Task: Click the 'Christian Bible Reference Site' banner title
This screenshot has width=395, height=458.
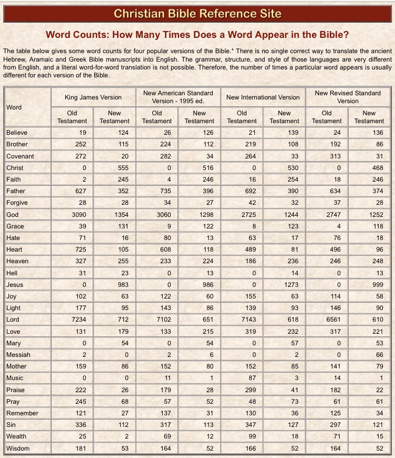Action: pos(197,13)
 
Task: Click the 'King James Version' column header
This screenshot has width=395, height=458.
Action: pos(93,97)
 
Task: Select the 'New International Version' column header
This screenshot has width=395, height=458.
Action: pos(263,97)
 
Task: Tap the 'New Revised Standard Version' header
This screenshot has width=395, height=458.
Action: pos(348,97)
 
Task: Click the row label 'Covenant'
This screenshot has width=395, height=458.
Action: pos(20,156)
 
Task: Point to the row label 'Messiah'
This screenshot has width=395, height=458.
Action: pos(18,355)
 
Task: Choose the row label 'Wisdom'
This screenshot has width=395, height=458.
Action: pos(18,449)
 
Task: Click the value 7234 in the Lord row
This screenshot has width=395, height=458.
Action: pos(77,320)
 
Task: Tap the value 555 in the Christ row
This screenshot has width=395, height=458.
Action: pos(123,168)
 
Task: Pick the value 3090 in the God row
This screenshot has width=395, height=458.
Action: pos(77,215)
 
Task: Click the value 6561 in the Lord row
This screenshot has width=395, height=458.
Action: pos(332,320)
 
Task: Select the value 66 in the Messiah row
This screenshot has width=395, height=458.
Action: pos(378,355)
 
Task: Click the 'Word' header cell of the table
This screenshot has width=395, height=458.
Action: pos(14,107)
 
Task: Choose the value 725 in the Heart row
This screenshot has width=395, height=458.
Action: pos(80,250)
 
